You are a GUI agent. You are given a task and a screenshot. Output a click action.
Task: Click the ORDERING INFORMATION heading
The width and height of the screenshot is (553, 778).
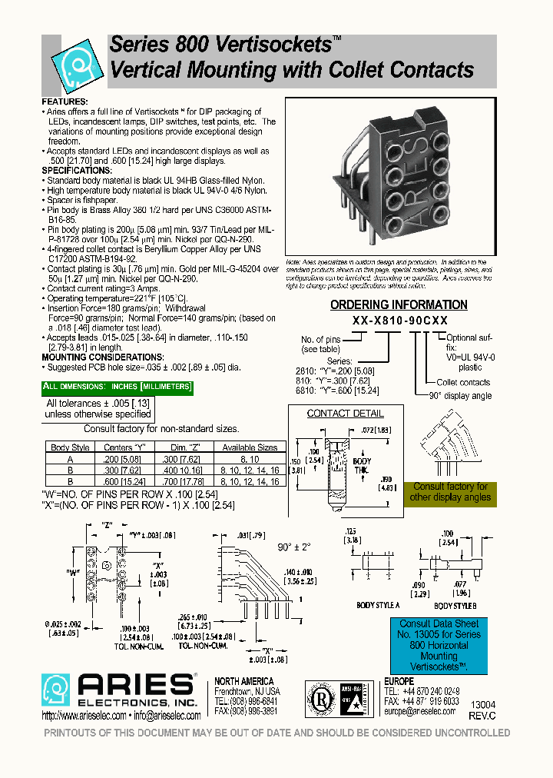tap(399, 304)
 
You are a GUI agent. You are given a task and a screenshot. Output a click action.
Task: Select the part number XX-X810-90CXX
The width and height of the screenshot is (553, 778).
tap(399, 321)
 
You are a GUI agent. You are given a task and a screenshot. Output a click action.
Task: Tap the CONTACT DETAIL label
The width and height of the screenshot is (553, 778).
tap(334, 414)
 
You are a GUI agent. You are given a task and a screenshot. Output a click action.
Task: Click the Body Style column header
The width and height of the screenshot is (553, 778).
tap(70, 447)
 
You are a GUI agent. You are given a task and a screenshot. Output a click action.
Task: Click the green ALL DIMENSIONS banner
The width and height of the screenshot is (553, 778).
tap(117, 386)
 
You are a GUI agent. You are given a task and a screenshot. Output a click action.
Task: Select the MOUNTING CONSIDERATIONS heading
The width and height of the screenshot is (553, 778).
tap(102, 357)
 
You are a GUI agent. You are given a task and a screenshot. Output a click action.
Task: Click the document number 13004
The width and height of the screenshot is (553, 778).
tap(483, 704)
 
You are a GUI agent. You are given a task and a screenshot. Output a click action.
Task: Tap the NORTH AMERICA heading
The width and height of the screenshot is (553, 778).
tap(243, 681)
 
